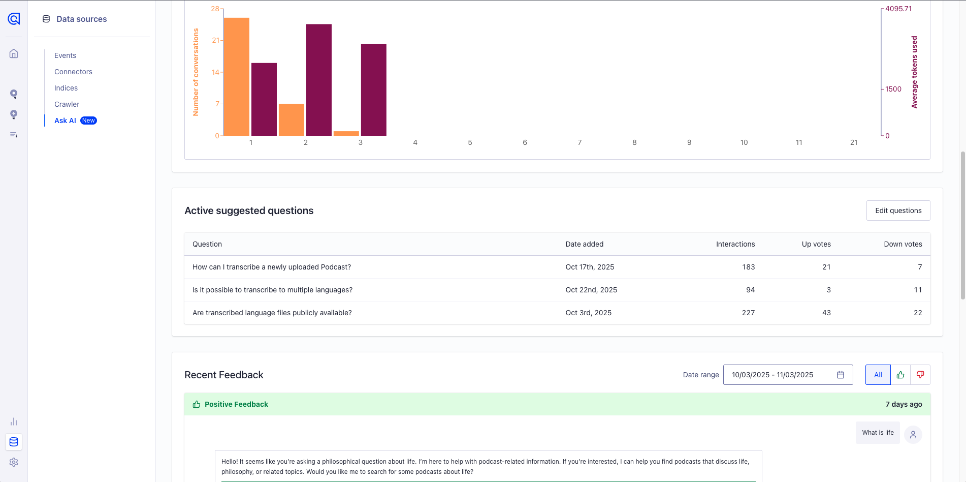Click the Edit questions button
[898, 210]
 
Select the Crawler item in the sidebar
[67, 104]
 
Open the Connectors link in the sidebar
[73, 72]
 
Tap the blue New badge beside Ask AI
[88, 120]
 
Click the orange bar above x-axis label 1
[236, 76]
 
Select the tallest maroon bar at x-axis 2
[318, 80]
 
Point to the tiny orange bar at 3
[346, 133]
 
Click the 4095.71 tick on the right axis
[898, 9]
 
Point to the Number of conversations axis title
[196, 72]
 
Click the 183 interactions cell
[748, 267]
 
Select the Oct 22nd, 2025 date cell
[591, 290]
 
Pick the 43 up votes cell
[826, 313]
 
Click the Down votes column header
[903, 244]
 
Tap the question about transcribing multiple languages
[272, 290]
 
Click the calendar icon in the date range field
[841, 375]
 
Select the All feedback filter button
[878, 375]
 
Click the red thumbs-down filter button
[920, 375]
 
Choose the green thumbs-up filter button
[900, 375]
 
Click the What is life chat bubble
[878, 433]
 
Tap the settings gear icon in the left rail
[14, 462]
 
